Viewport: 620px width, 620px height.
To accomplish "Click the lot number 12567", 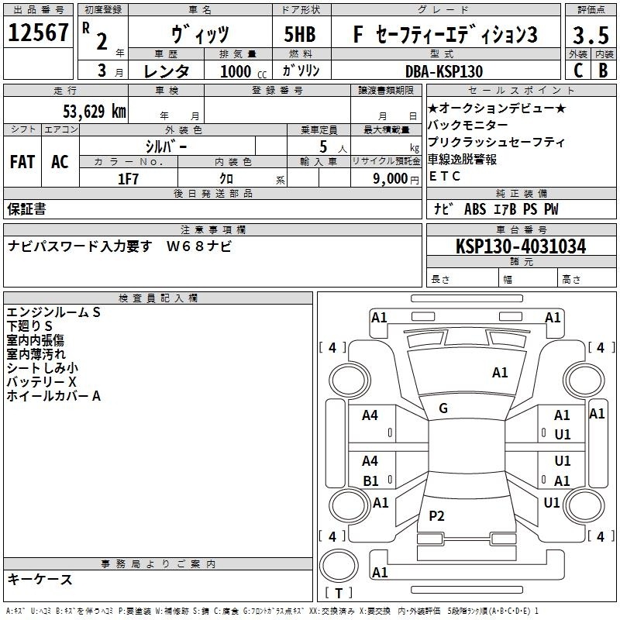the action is coord(38,33).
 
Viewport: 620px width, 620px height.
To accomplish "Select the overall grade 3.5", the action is coord(591,35).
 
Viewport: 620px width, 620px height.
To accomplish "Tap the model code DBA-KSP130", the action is coord(444,71).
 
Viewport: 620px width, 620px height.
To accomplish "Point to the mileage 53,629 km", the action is coord(95,111).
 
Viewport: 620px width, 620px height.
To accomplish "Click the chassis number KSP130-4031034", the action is coord(521,246).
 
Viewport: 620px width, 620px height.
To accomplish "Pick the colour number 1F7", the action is coord(128,179).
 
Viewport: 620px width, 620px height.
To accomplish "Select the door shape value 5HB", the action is coord(300,34).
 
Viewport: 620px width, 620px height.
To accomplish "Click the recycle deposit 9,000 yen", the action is coord(396,179).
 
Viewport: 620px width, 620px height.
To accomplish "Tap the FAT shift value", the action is coord(22,162).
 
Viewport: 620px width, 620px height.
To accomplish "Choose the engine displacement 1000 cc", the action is coord(243,71).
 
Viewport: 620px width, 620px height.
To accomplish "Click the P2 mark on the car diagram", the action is coord(436,515).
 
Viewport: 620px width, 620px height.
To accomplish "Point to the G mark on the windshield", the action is coord(443,408).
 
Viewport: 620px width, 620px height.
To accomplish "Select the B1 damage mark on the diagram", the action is coord(370,480).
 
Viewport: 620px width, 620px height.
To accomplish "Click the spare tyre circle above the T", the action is coord(339,567).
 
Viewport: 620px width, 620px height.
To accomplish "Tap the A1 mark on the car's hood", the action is coord(500,373).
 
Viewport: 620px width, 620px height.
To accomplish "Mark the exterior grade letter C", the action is coord(578,71).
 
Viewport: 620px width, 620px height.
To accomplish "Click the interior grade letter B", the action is coord(603,71).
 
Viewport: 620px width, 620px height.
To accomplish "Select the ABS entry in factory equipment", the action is coord(475,209).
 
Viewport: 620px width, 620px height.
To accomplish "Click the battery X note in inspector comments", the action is coord(41,382).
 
